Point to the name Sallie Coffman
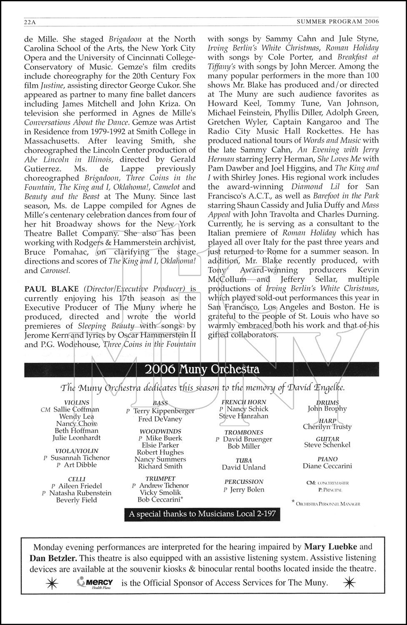tap(76, 410)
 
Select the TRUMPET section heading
tap(160, 479)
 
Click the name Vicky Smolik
tap(160, 492)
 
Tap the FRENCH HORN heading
tap(244, 402)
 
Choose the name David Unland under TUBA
tap(244, 467)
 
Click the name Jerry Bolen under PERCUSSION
tap(247, 490)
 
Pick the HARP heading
tap(327, 420)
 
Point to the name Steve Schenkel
tap(327, 445)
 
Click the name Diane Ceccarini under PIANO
tap(327, 466)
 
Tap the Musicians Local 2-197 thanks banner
tap(202, 514)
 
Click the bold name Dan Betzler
tap(53, 558)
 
